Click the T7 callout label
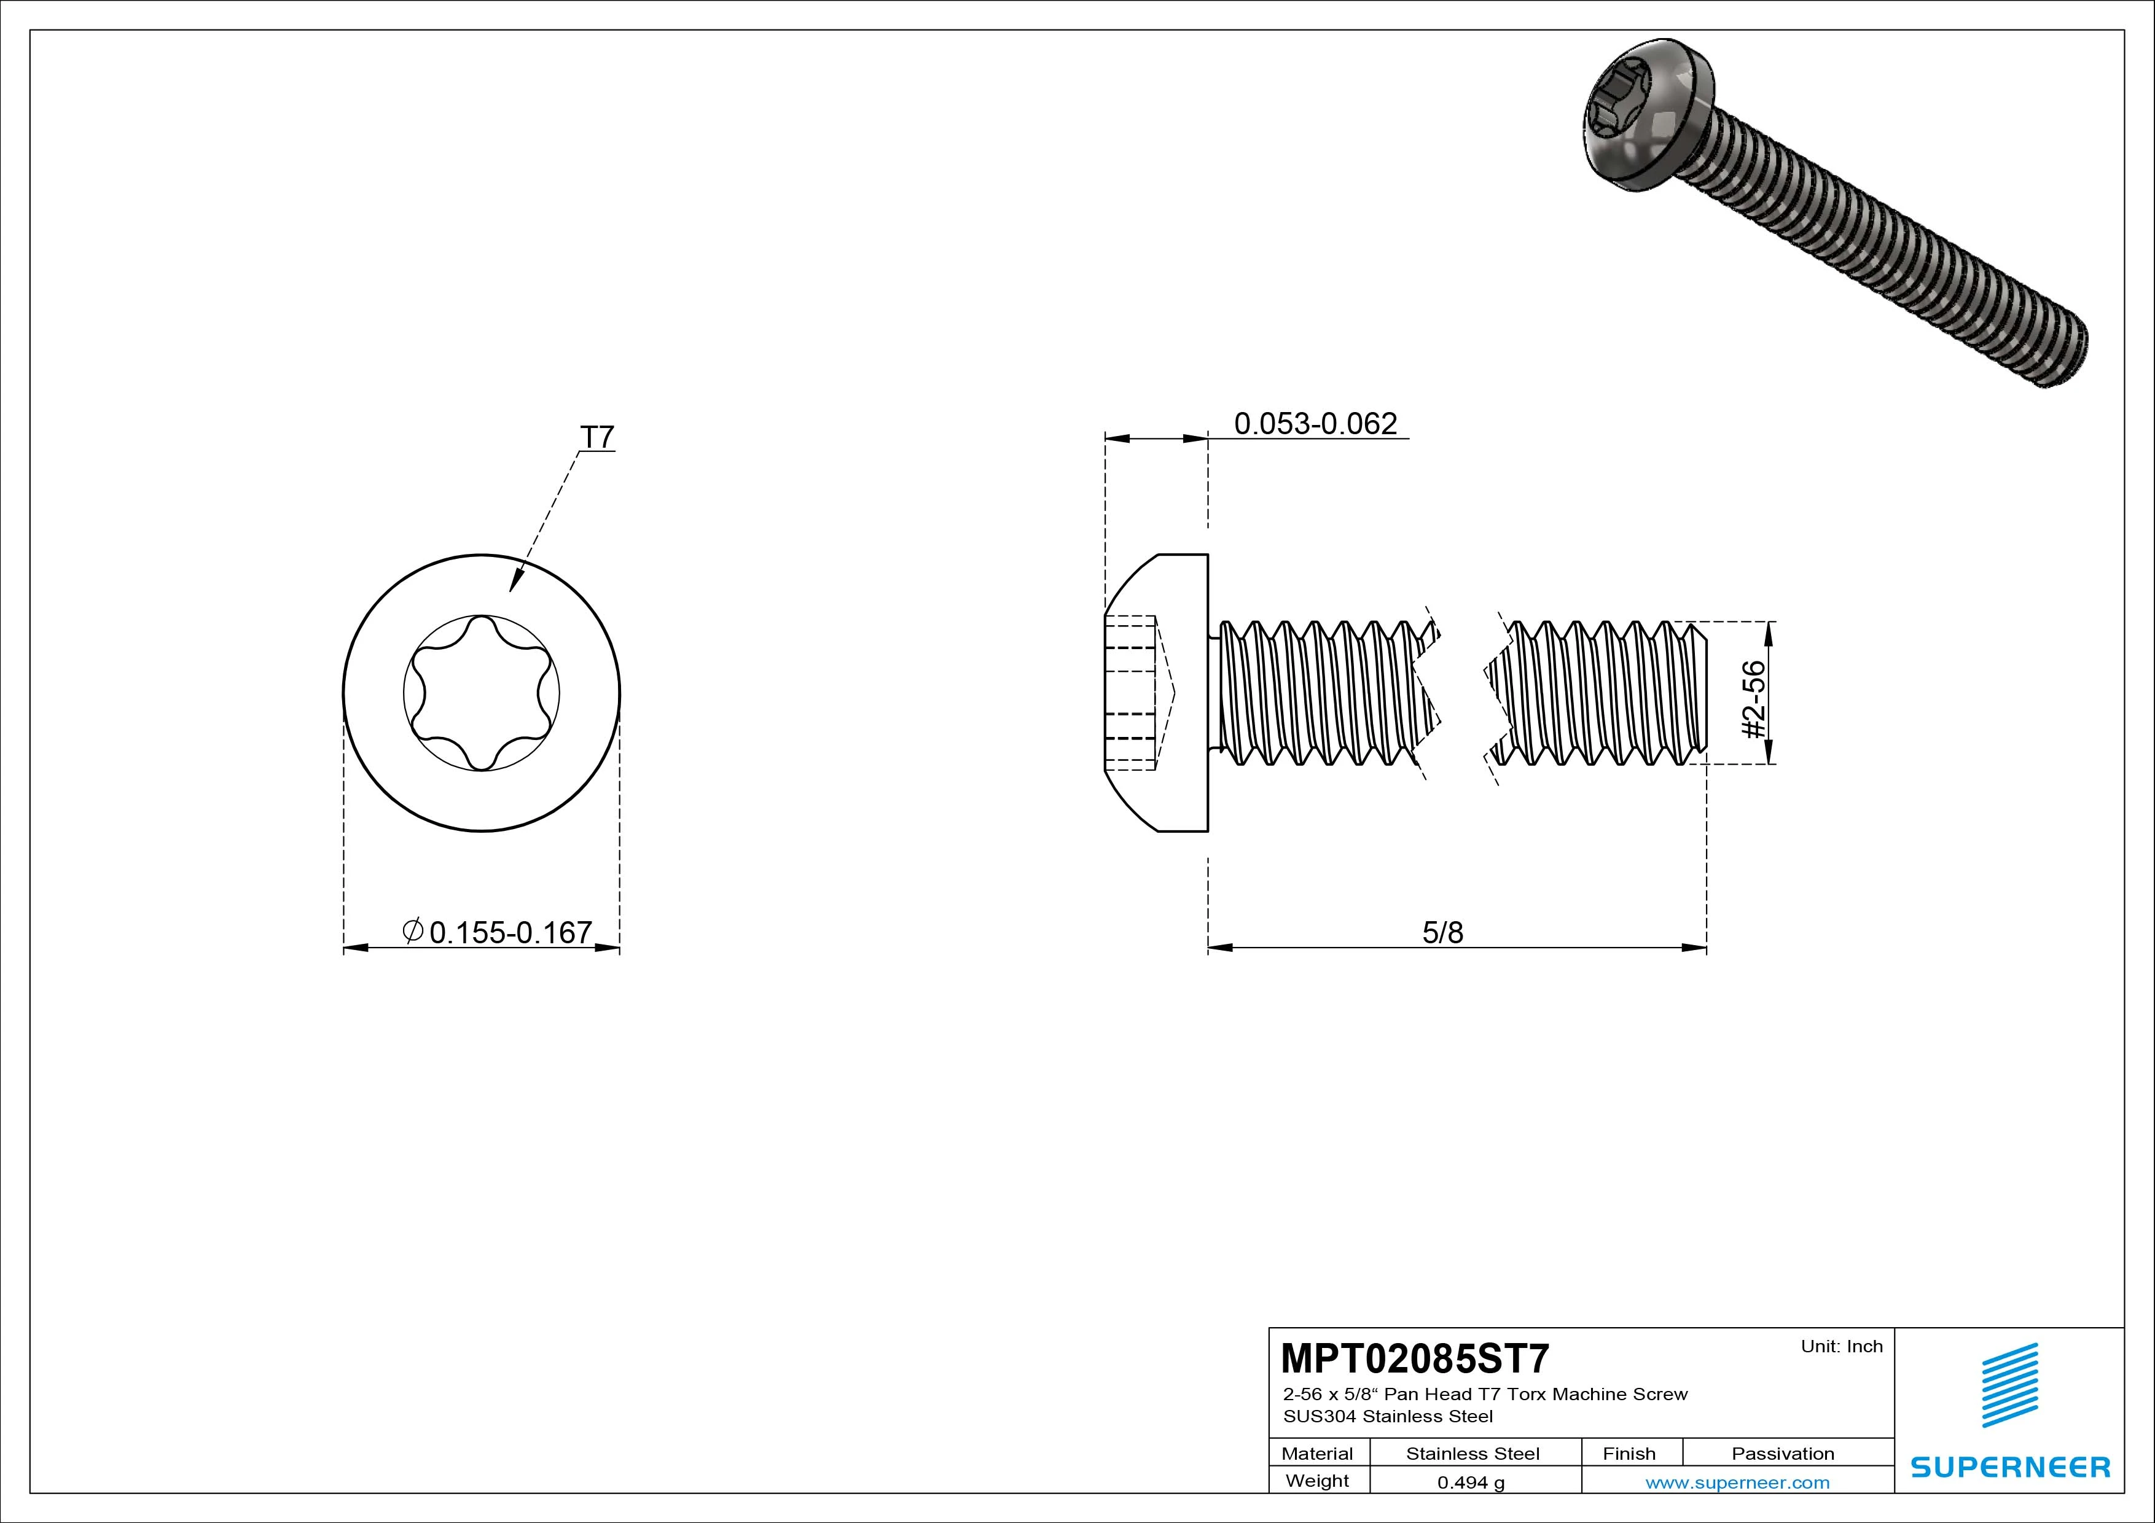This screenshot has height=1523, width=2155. [597, 437]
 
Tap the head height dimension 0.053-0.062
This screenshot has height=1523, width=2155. [1315, 424]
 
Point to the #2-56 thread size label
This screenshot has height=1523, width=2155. [1753, 699]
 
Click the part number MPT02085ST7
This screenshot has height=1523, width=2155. [1415, 1358]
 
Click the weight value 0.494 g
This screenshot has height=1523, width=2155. [1471, 1482]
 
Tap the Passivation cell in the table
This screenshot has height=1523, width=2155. [1782, 1454]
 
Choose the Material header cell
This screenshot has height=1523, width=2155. [1317, 1454]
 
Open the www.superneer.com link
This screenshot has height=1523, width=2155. [1737, 1482]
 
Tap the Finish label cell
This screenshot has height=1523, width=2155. [1629, 1454]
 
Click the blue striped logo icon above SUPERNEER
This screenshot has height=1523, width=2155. [2009, 1384]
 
